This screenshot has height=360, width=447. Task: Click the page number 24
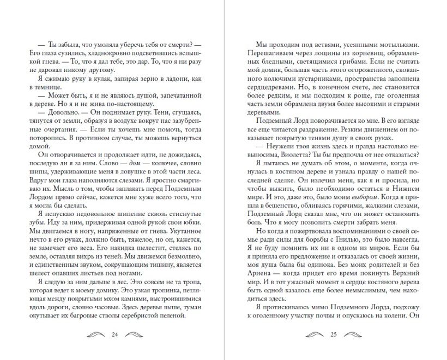(114, 334)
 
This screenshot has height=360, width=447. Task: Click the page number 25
(333, 334)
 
